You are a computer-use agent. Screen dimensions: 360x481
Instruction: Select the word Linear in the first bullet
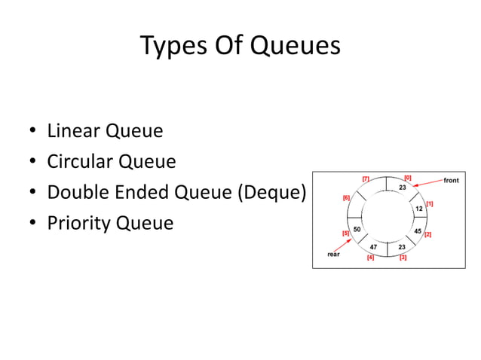(74, 131)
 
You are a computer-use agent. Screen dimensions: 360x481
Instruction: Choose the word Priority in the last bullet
(78, 224)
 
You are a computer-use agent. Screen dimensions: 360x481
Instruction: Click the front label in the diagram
(451, 181)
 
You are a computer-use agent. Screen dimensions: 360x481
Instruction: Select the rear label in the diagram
(333, 255)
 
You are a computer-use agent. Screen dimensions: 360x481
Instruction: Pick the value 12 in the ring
(419, 208)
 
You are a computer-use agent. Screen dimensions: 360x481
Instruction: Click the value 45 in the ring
(418, 230)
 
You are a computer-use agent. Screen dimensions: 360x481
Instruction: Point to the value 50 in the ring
(357, 228)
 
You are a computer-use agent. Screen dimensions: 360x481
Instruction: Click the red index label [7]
(365, 178)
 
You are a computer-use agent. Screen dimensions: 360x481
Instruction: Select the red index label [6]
(346, 197)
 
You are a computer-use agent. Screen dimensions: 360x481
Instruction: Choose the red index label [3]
(403, 258)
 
